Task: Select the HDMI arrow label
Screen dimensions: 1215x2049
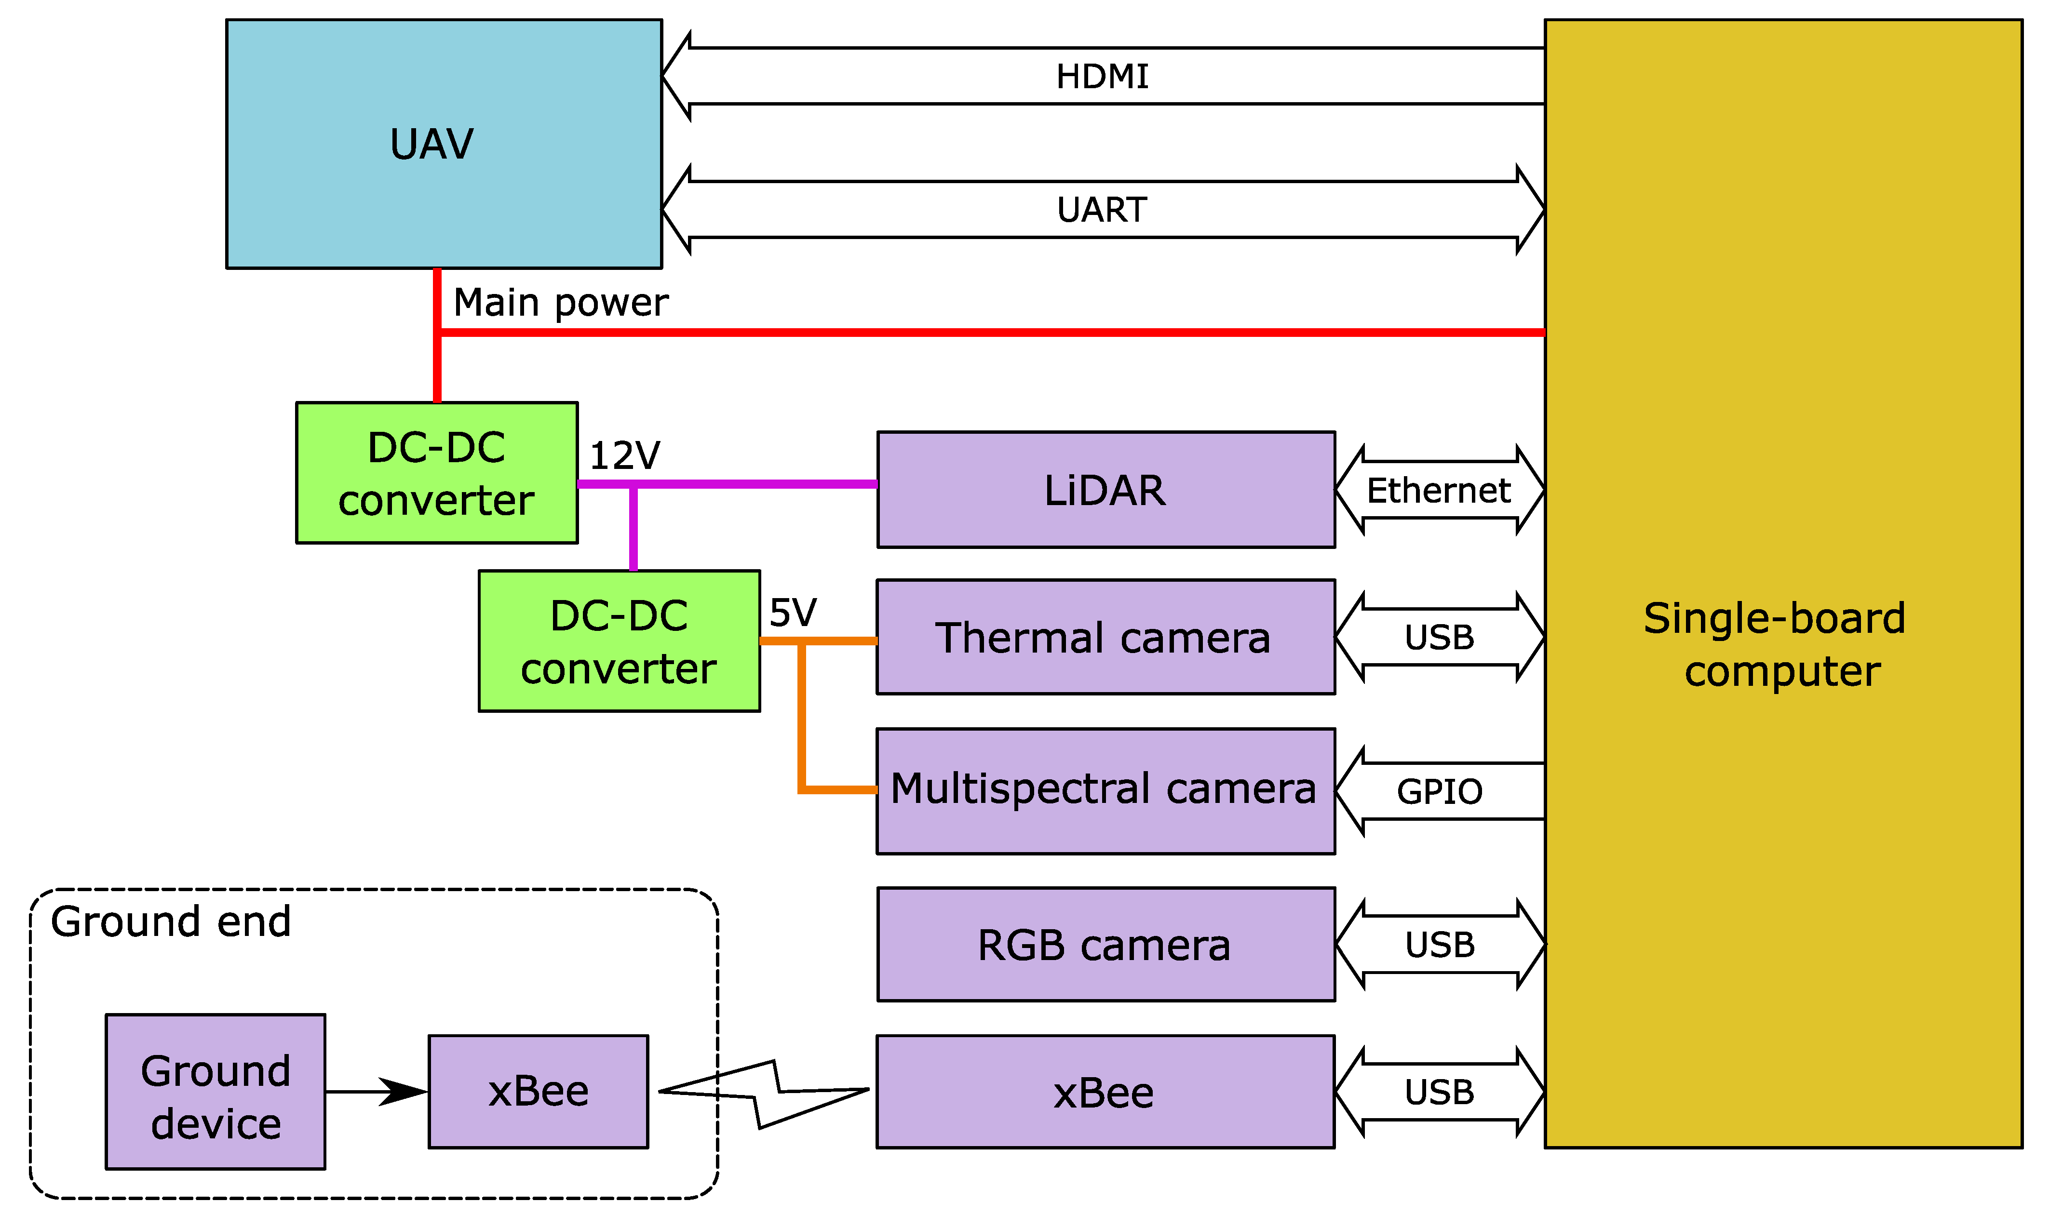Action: [x=1102, y=77]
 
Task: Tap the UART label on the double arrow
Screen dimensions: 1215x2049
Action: [x=1102, y=211]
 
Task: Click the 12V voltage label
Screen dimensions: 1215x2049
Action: [x=624, y=455]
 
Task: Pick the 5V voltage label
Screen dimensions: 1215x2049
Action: [x=792, y=613]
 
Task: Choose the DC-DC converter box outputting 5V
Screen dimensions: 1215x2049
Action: [x=619, y=641]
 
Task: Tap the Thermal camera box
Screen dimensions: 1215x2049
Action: [x=1105, y=638]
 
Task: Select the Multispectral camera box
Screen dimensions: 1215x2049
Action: [x=1105, y=789]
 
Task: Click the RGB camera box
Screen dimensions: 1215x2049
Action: [x=1105, y=945]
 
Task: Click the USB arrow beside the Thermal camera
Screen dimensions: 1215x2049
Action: [x=1439, y=638]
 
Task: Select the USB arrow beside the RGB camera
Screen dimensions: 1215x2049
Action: [x=1439, y=945]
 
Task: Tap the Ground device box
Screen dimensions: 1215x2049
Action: [x=216, y=1096]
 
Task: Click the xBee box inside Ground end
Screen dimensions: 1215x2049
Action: [x=538, y=1091]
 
